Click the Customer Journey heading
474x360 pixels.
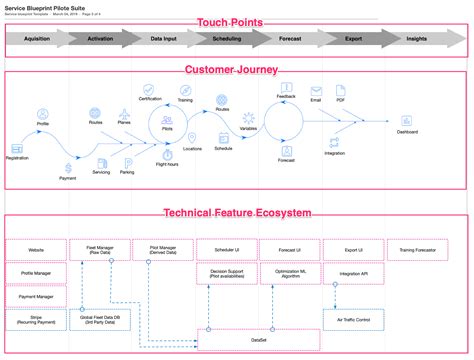tap(236, 69)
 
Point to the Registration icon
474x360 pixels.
tap(16, 145)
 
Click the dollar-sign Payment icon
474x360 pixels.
tap(67, 167)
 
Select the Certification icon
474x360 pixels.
tap(150, 88)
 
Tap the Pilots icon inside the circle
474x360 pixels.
tap(167, 119)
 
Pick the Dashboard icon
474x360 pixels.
tap(407, 119)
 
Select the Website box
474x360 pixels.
tap(37, 248)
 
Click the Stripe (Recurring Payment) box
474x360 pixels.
tap(37, 319)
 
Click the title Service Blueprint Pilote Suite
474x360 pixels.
tap(46, 6)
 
